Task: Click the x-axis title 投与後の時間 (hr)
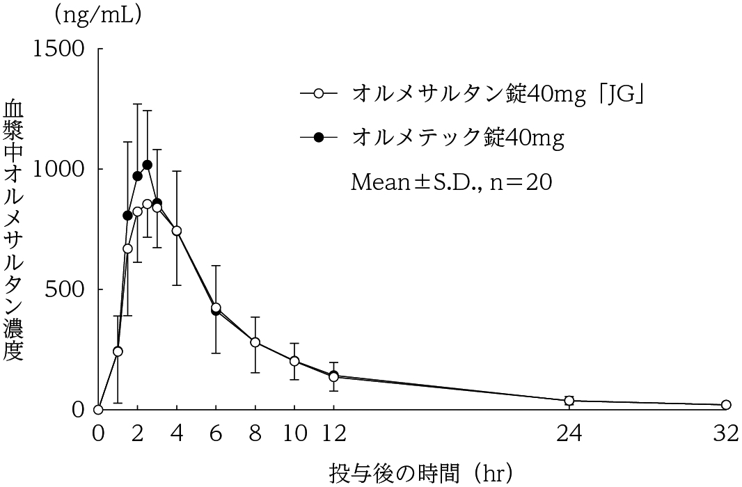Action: point(422,473)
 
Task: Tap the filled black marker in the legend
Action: point(319,137)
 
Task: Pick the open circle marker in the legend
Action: point(319,93)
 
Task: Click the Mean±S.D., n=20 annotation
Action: point(452,182)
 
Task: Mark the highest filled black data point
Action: point(147,165)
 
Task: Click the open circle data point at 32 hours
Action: point(726,405)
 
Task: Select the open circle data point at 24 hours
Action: point(569,401)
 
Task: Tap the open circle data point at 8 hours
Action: point(255,342)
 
